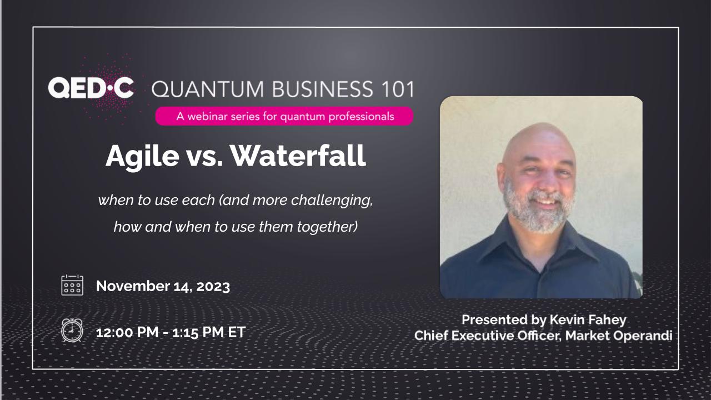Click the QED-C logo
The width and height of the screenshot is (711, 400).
click(91, 88)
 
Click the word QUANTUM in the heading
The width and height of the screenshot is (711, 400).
click(208, 89)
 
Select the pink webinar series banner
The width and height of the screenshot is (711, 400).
click(284, 116)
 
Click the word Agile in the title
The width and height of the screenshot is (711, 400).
click(143, 157)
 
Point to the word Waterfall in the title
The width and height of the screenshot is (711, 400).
click(298, 156)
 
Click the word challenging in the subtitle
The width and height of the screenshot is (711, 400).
click(332, 201)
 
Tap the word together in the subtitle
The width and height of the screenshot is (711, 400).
click(327, 227)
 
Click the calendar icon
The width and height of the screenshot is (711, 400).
click(72, 285)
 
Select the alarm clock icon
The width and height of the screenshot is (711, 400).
click(72, 331)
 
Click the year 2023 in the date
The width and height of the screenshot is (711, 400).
click(213, 286)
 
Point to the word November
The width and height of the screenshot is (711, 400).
click(133, 286)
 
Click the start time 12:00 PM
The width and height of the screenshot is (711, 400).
click(127, 333)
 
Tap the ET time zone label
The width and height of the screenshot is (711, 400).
click(237, 332)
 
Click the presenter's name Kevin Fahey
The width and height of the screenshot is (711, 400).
click(588, 319)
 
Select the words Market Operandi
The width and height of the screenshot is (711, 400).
click(619, 336)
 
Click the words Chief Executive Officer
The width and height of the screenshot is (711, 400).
click(488, 336)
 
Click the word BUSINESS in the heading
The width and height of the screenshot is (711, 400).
click(322, 89)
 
